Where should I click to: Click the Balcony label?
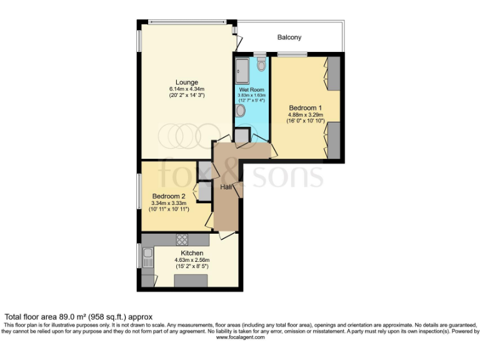pos(289,37)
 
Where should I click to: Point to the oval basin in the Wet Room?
pos(241,111)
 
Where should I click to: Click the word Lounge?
pos(186,82)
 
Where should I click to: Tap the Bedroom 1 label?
pos(306,107)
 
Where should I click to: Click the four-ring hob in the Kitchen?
pos(182,239)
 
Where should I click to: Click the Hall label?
pos(226,187)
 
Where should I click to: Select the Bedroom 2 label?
pos(169,196)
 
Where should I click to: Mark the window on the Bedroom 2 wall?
pos(139,191)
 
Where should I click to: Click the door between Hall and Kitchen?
pos(227,235)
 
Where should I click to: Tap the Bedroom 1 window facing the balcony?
pos(296,54)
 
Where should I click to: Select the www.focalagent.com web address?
pos(240,337)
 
